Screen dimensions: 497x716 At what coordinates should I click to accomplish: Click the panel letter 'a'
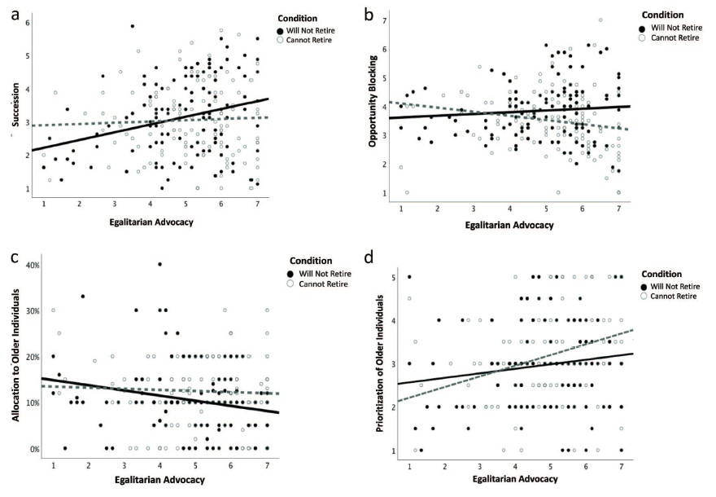[14, 14]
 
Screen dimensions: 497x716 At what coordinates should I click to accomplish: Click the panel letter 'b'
[370, 14]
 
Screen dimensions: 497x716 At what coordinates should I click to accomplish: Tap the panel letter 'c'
[15, 258]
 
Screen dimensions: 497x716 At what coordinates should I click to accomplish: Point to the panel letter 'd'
[372, 258]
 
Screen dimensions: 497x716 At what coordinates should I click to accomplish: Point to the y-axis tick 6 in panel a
[27, 22]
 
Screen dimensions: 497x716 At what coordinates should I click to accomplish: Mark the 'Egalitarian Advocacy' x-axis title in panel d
[517, 479]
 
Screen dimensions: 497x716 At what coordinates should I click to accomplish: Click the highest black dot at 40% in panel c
[159, 264]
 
